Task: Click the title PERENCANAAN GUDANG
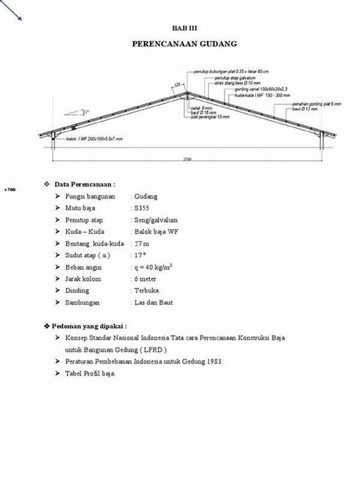(184, 44)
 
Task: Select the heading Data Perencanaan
(85, 184)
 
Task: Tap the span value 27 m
(142, 244)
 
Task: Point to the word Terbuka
(147, 291)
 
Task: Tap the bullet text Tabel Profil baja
(90, 373)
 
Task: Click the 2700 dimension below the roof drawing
(187, 159)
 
